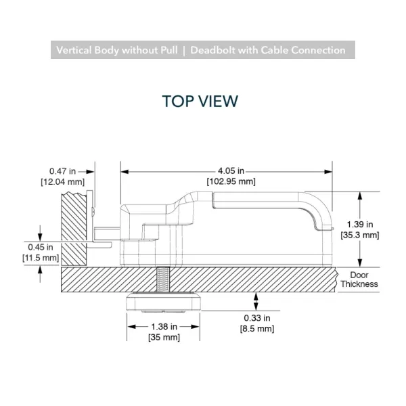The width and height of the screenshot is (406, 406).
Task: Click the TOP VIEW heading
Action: [x=200, y=101]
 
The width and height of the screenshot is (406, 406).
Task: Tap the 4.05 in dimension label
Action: [x=231, y=171]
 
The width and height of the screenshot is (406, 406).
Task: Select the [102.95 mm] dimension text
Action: [x=231, y=181]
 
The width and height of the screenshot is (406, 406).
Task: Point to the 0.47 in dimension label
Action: [x=62, y=171]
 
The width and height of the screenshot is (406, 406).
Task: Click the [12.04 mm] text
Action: [x=63, y=182]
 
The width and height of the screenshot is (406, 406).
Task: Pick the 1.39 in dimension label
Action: [x=360, y=224]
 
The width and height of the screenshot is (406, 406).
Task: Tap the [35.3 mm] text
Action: [x=360, y=235]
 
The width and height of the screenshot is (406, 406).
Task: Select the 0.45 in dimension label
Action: [x=41, y=247]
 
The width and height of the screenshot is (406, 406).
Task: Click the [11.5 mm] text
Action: [x=41, y=258]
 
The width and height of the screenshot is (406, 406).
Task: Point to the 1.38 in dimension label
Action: [x=164, y=327]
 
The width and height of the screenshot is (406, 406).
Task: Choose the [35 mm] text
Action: [x=164, y=338]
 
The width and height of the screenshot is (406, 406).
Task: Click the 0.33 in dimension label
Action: [x=257, y=318]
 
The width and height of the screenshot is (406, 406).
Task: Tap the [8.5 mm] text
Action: [x=257, y=329]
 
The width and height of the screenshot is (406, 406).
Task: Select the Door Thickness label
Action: [x=359, y=279]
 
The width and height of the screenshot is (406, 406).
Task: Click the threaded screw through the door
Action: [x=163, y=279]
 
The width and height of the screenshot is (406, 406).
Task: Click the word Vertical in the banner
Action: [x=74, y=50]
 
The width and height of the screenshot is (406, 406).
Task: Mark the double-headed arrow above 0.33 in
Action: [x=256, y=301]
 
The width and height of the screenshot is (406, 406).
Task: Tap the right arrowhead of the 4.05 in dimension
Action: [x=328, y=172]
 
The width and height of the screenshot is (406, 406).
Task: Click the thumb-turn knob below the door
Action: [x=163, y=302]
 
